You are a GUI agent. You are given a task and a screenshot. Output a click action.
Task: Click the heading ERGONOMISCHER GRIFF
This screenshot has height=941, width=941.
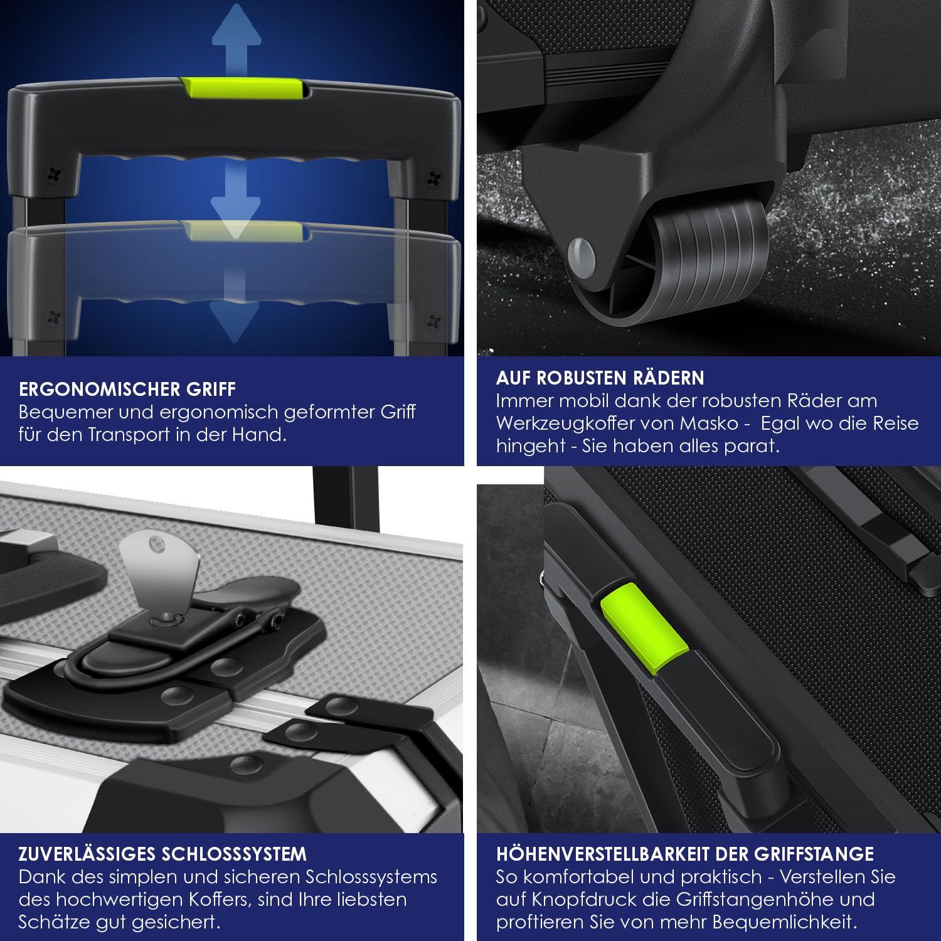coord(127,389)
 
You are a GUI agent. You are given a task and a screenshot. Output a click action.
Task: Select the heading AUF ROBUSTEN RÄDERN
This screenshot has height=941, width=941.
coord(600,378)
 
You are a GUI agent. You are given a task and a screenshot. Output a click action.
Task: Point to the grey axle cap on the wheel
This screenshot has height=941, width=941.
coord(582,257)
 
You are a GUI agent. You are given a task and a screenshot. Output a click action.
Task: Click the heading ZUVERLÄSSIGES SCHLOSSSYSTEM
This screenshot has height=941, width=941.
coord(162,854)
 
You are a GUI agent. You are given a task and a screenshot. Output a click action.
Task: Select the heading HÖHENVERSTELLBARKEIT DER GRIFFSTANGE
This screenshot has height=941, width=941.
coord(685,854)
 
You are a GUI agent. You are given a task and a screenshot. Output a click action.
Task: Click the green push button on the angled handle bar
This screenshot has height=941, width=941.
coord(644,629)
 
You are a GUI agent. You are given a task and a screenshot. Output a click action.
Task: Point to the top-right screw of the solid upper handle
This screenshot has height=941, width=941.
coord(433,178)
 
